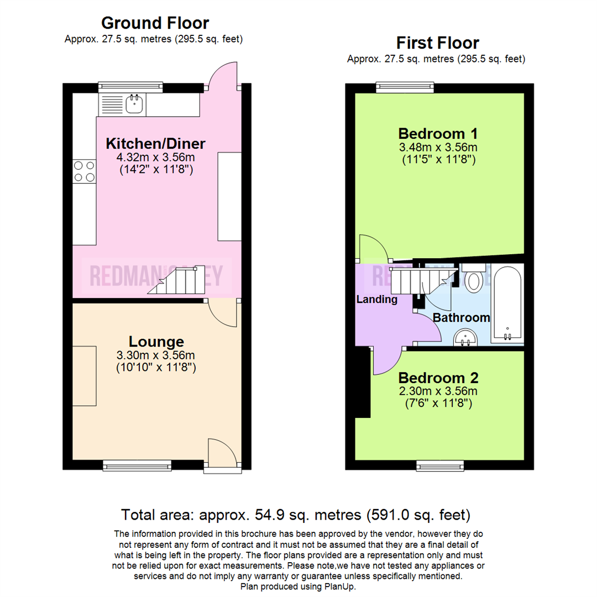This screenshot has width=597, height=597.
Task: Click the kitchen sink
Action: (x=133, y=103)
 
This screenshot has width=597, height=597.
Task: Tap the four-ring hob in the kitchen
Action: (x=83, y=170)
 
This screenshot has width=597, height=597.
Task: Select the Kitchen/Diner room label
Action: (x=155, y=144)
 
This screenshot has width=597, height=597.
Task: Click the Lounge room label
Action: (x=156, y=341)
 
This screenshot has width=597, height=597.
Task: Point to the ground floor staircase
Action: (x=175, y=281)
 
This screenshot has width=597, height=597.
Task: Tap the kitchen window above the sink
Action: (x=130, y=86)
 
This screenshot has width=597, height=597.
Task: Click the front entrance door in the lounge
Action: (x=222, y=453)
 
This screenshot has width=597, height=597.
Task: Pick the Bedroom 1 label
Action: (x=438, y=134)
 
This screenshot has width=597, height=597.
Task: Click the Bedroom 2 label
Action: (x=438, y=378)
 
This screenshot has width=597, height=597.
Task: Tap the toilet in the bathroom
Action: (x=474, y=279)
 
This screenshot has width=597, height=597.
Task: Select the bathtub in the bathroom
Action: (x=507, y=303)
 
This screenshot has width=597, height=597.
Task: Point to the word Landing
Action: (x=376, y=300)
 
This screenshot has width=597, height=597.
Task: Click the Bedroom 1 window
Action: (x=405, y=87)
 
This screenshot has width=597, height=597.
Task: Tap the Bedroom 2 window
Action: (x=440, y=466)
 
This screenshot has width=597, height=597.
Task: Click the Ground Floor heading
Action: (x=155, y=23)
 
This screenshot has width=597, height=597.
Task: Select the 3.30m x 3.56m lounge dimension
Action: (x=156, y=355)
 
